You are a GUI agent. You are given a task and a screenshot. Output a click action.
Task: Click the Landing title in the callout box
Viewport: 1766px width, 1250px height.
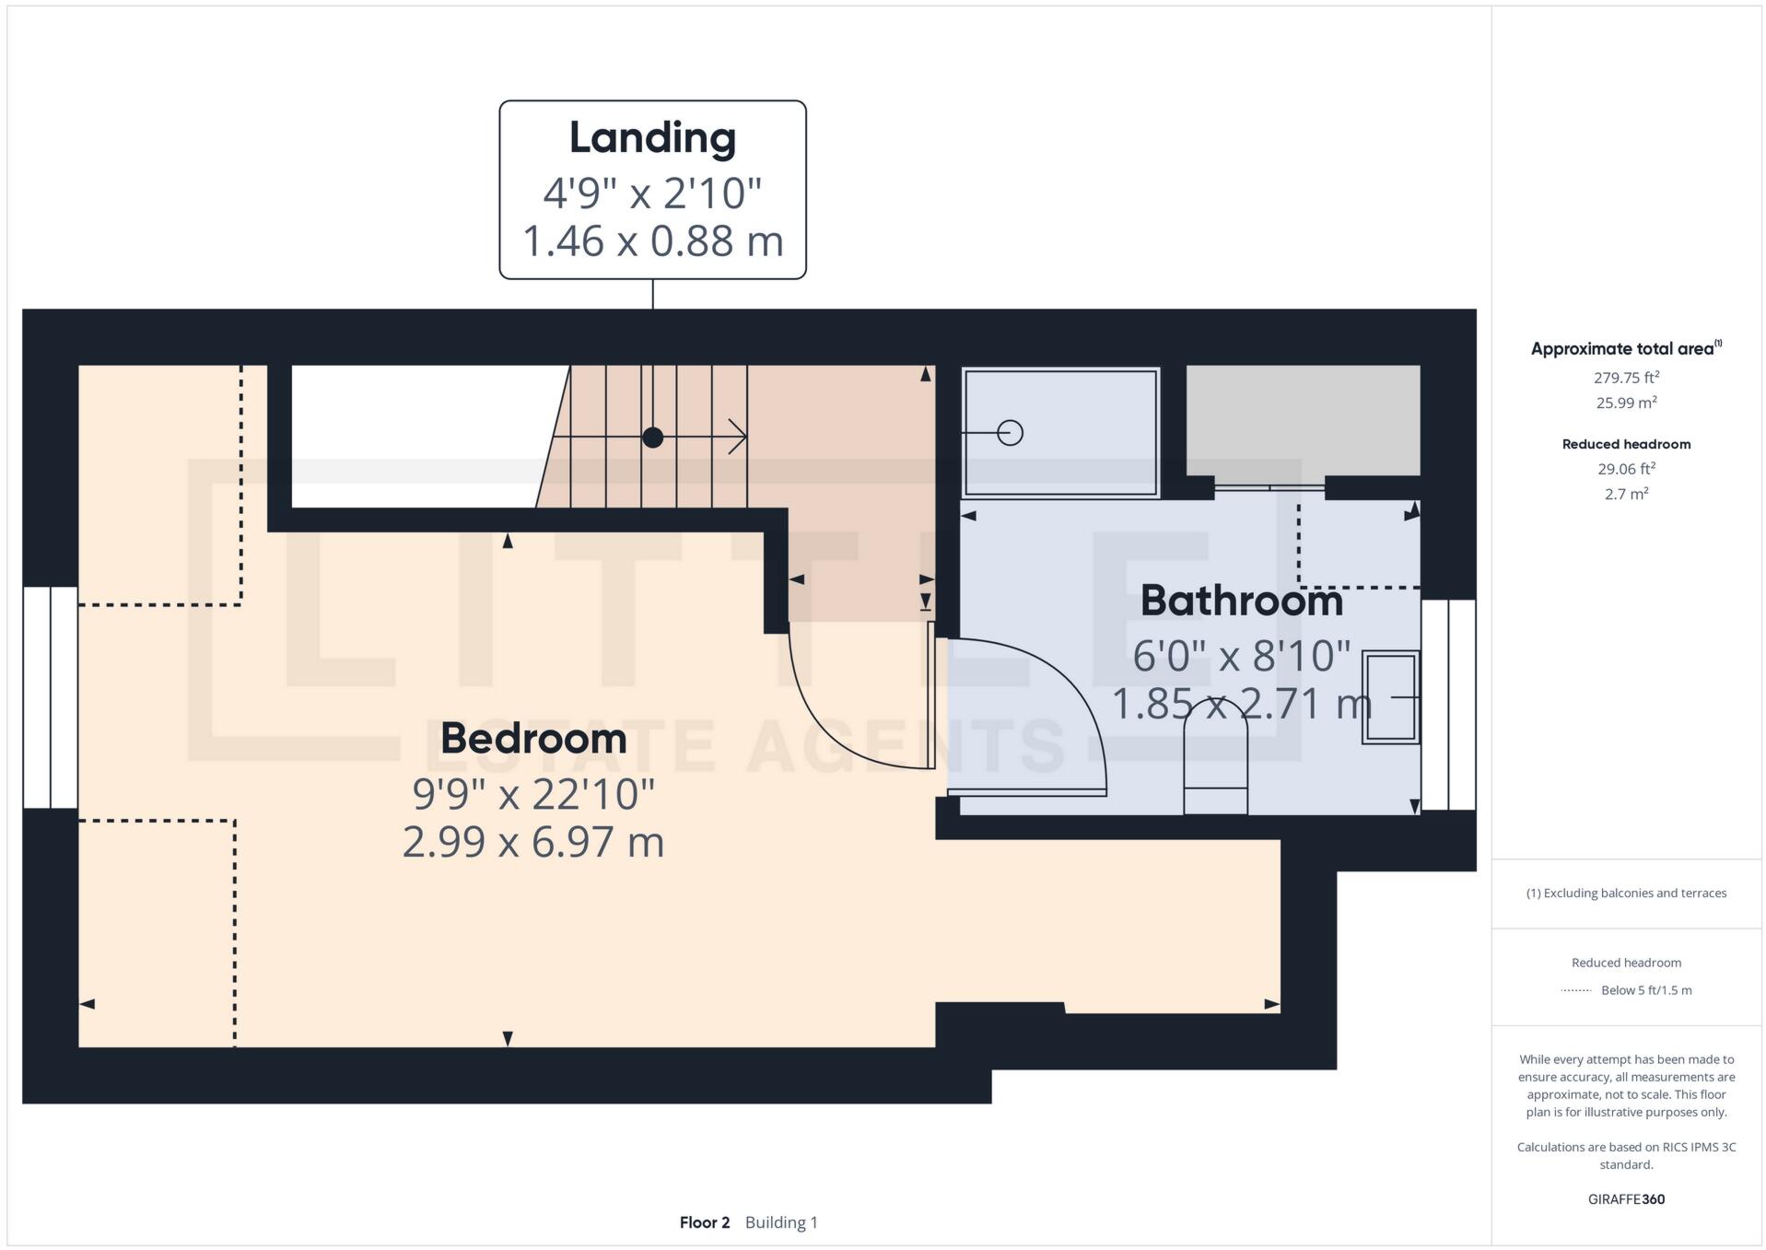(652, 138)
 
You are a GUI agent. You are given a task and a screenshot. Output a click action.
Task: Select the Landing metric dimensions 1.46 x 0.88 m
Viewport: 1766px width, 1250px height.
(652, 241)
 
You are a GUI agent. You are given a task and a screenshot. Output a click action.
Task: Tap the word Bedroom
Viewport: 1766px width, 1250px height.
(533, 738)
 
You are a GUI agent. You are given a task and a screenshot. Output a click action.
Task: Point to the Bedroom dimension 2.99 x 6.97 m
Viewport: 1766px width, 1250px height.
(533, 842)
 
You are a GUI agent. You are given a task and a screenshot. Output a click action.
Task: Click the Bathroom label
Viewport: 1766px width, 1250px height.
(1241, 601)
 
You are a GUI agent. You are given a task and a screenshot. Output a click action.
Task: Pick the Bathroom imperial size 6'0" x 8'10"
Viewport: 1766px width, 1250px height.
(1241, 656)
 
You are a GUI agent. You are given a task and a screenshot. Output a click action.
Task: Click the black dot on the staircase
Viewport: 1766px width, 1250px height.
(652, 438)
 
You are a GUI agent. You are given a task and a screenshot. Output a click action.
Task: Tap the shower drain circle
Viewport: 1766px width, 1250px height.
(1010, 432)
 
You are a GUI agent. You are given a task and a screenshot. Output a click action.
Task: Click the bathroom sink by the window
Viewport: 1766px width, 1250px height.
(1390, 697)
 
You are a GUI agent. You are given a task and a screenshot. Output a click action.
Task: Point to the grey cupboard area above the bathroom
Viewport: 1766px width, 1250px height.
(1302, 419)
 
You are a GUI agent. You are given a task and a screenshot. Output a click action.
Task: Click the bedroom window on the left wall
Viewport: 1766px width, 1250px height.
(51, 697)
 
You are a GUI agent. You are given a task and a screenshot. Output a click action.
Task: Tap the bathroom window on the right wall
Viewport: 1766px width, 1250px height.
(1448, 705)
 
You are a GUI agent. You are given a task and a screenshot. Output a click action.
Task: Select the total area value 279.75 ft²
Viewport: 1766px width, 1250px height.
(1626, 378)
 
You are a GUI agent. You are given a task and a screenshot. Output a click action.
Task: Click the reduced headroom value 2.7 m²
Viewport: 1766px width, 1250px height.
(1626, 494)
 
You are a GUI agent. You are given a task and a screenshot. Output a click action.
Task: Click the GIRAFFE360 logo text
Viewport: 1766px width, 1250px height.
(1626, 1199)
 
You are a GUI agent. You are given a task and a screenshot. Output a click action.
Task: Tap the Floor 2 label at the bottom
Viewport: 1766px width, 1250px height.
(704, 1222)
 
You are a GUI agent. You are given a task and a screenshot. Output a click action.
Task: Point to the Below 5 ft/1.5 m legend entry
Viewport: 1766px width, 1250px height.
(1645, 990)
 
